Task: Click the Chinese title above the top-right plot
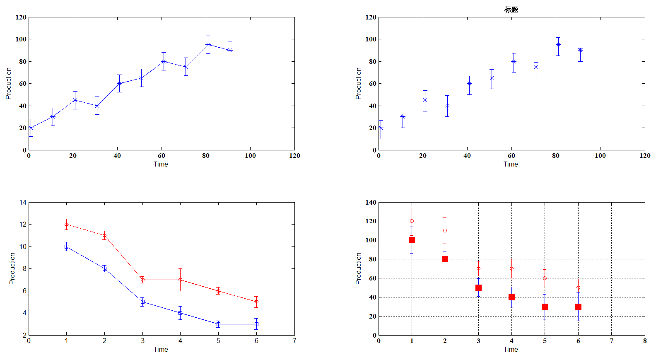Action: [x=511, y=10]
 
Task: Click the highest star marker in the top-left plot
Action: [x=208, y=44]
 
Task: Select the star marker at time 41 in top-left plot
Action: [x=119, y=83]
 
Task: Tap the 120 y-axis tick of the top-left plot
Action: [x=21, y=17]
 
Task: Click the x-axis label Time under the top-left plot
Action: [x=161, y=164]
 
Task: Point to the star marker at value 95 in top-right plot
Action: [x=558, y=44]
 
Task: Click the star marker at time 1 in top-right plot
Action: [x=381, y=128]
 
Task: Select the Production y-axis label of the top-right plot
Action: [x=358, y=83]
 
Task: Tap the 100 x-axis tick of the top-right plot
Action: [x=600, y=156]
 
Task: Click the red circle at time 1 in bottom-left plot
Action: [x=66, y=225]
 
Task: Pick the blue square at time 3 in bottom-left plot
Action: [x=142, y=302]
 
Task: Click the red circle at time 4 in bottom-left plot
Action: [x=180, y=280]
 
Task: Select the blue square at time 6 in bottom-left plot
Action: [x=256, y=324]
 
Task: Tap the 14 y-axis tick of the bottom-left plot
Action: [x=23, y=203]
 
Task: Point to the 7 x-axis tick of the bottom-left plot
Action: [x=294, y=341]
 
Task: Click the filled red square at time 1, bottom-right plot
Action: [x=412, y=240]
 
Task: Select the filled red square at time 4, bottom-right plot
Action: [x=511, y=297]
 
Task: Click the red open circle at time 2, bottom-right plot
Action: [x=445, y=230]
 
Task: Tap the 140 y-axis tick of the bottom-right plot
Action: [x=371, y=203]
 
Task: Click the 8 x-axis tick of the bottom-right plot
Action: [x=645, y=341]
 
